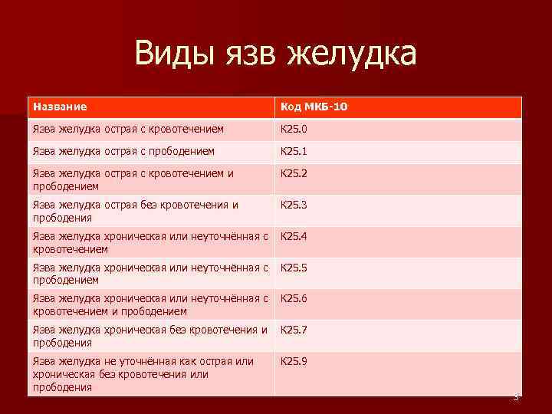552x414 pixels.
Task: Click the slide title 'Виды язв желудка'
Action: click(275, 54)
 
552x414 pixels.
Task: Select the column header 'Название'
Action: click(60, 107)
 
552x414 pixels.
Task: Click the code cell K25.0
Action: click(294, 130)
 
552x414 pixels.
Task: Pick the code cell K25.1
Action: click(294, 152)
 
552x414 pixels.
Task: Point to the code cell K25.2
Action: click(294, 173)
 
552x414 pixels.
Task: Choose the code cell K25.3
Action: click(294, 205)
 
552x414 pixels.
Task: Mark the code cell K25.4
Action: click(294, 236)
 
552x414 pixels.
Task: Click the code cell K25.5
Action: click(294, 268)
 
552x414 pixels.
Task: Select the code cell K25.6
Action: click(294, 298)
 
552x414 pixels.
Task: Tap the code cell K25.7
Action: click(294, 330)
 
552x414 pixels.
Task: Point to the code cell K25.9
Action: click(294, 360)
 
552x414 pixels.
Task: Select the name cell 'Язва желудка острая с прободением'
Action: click(123, 152)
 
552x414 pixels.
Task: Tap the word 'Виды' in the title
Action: click(172, 54)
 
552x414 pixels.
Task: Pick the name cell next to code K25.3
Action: click(136, 211)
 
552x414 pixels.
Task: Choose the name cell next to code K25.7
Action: click(149, 336)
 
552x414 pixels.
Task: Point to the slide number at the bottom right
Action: click(516, 397)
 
